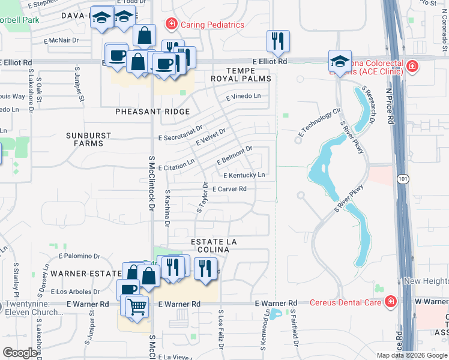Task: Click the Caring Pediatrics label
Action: [210, 25]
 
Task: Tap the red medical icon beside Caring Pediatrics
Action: [171, 25]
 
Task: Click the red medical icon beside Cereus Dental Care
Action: [391, 301]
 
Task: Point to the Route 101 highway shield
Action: [402, 178]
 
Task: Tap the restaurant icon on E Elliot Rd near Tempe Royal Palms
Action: [277, 41]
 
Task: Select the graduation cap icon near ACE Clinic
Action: [339, 61]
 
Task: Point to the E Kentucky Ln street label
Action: [244, 175]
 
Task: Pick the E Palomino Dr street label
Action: [82, 256]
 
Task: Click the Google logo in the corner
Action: [20, 353]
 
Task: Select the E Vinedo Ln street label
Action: [243, 96]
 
